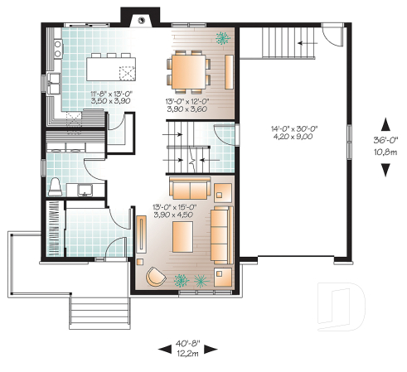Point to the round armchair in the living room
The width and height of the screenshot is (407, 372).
pos(154,276)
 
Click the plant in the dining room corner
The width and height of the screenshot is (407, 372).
pos(221,37)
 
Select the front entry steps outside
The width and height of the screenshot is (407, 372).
pos(91,312)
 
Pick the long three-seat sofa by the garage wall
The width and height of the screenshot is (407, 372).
pos(220,234)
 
